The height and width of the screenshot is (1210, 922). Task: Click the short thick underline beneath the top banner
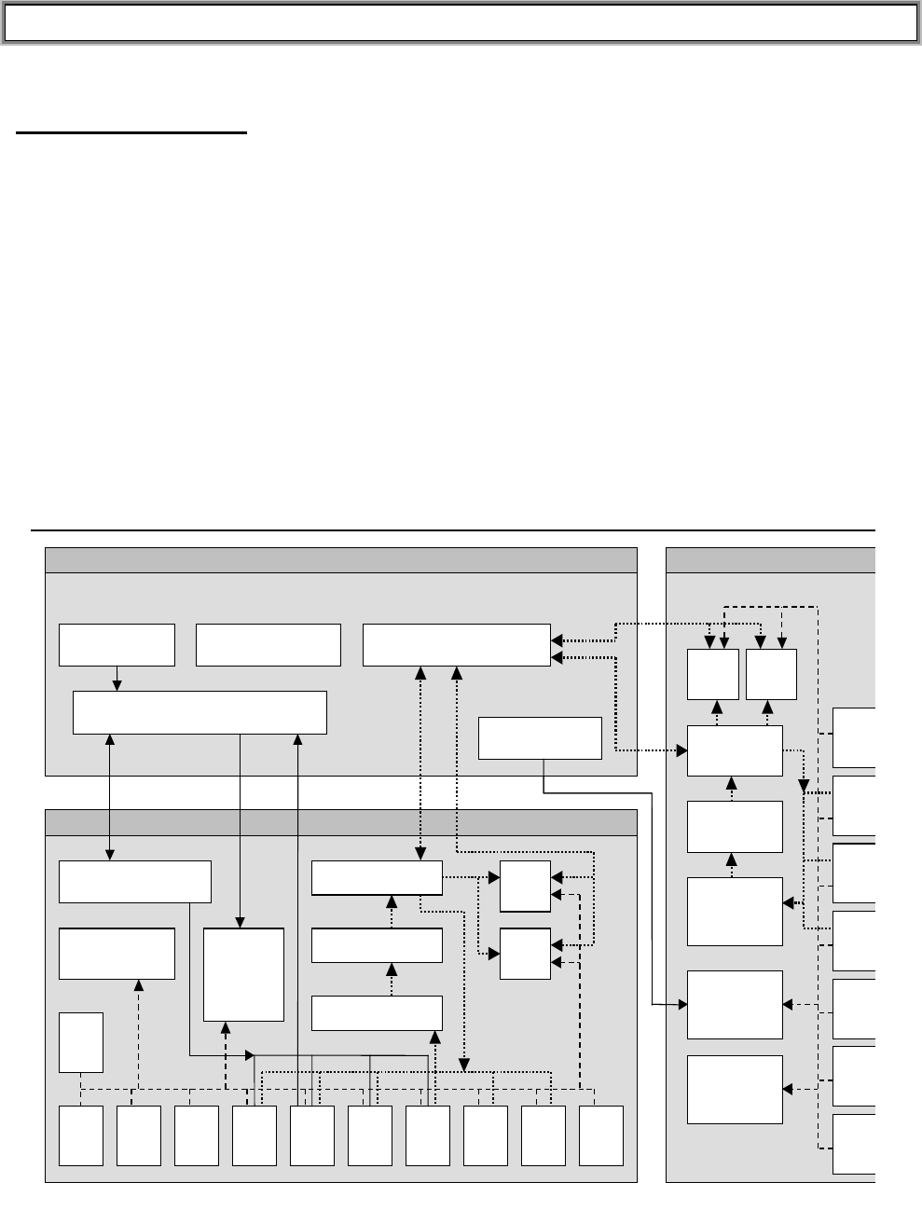[x=131, y=134]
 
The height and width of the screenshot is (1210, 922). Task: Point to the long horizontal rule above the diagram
[x=453, y=530]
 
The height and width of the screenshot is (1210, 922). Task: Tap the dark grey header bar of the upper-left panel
[x=341, y=560]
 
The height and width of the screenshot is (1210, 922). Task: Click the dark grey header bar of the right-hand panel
[x=771, y=560]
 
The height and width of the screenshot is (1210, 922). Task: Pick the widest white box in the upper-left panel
[x=200, y=712]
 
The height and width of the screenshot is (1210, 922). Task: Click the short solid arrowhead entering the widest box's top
[x=117, y=685]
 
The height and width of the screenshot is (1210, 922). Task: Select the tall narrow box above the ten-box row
[x=81, y=1041]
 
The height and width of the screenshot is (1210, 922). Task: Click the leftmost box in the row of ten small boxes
[x=81, y=1135]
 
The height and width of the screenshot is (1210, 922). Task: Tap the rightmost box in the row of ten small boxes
[x=601, y=1135]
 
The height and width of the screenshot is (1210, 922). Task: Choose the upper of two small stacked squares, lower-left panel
[x=525, y=887]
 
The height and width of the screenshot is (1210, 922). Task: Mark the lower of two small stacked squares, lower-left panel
[x=525, y=954]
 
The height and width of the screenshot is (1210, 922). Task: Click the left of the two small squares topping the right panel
[x=713, y=674]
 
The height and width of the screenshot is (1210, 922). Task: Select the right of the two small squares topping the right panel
[x=771, y=674]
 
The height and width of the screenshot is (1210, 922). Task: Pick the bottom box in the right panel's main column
[x=735, y=1090]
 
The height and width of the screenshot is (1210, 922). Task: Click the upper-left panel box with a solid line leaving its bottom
[x=540, y=738]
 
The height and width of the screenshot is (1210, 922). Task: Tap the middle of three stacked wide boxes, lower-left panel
[x=377, y=945]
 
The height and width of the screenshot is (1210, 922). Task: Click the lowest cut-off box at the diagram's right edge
[x=854, y=1144]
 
